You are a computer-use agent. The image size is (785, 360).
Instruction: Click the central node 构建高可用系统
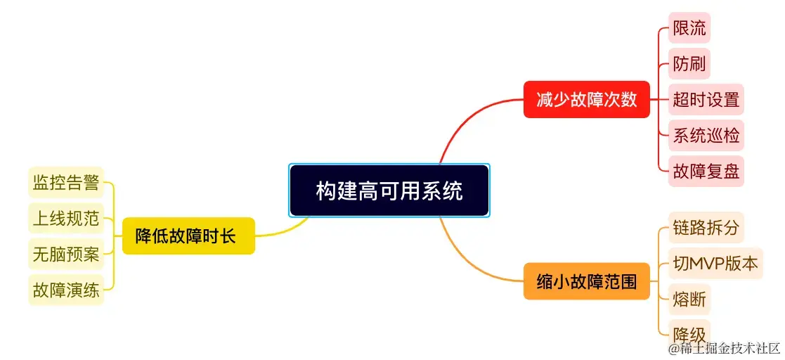click(389, 191)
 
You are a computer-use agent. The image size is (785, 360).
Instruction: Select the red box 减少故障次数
click(587, 99)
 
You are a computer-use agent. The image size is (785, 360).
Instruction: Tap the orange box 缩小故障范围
click(587, 281)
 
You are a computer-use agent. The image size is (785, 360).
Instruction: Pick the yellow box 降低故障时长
click(189, 236)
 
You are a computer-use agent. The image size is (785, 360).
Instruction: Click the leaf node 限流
click(689, 27)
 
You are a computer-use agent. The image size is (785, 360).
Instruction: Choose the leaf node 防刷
click(689, 63)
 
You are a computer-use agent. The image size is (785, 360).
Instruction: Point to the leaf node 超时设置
click(706, 99)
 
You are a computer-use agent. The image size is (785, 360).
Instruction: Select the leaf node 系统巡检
click(706, 135)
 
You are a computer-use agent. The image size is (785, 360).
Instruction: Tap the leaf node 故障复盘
click(706, 172)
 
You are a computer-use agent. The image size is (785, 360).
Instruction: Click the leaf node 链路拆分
click(706, 227)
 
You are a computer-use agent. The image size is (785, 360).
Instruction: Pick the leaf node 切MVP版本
click(715, 264)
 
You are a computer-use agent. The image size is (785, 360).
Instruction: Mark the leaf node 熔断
click(689, 300)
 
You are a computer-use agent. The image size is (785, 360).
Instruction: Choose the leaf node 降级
click(689, 334)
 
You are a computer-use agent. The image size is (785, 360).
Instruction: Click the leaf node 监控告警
click(66, 182)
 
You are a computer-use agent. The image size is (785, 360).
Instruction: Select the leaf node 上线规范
click(66, 218)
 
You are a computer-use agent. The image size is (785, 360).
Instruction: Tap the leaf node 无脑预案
click(66, 255)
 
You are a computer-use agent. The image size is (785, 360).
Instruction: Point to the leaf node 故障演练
click(66, 290)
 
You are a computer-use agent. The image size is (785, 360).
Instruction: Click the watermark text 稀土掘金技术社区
click(725, 348)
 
